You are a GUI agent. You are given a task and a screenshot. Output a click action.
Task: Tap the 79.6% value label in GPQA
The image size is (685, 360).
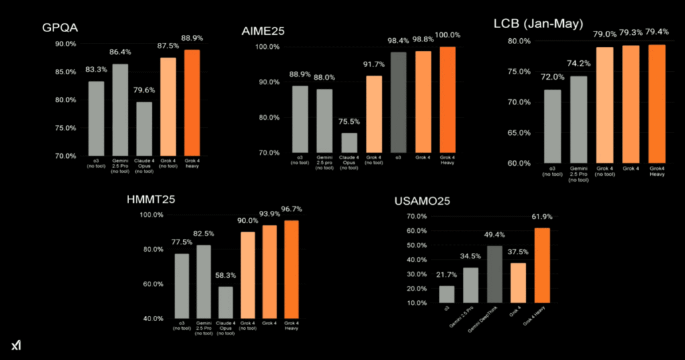point(144,92)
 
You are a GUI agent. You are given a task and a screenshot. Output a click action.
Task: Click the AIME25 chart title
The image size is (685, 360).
point(264,31)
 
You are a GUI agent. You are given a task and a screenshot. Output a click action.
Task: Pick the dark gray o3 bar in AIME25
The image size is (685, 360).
point(398,103)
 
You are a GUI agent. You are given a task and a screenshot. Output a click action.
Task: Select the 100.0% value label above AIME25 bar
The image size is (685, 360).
point(448,35)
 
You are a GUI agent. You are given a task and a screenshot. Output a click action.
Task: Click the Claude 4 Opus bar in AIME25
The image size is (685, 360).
point(349,143)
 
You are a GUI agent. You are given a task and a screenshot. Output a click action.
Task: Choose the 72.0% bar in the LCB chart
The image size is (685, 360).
point(552,126)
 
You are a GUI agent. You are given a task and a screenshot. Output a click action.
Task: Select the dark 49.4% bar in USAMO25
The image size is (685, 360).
point(494,274)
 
